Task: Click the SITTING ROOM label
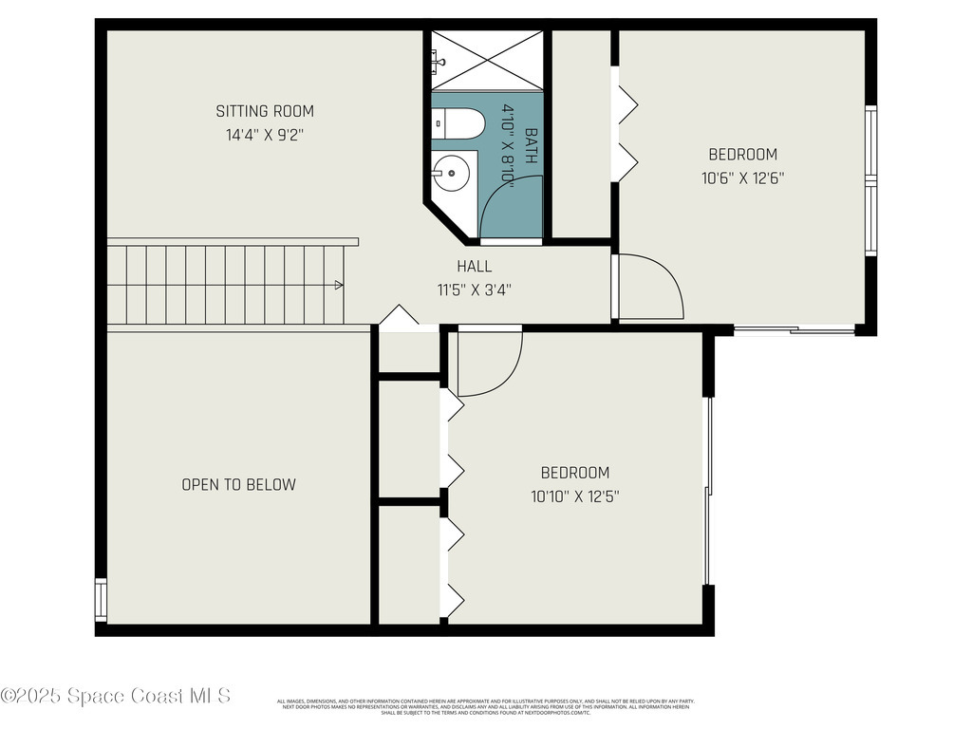pos(264,111)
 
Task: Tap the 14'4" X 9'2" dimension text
pos(264,135)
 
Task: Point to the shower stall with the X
pos(486,60)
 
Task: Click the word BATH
pos(531,146)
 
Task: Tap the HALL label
pos(474,267)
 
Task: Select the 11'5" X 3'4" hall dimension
pos(474,290)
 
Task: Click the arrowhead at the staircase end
pos(338,284)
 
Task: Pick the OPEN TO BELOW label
pos(238,484)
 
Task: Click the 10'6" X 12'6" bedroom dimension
pos(742,178)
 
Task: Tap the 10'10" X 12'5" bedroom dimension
pos(575,495)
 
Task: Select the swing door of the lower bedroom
pos(488,362)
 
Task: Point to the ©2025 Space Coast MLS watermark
pos(115,696)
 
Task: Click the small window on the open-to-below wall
pos(101,599)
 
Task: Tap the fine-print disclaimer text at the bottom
pos(485,706)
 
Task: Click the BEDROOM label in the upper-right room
pos(742,154)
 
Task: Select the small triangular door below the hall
pos(399,316)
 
